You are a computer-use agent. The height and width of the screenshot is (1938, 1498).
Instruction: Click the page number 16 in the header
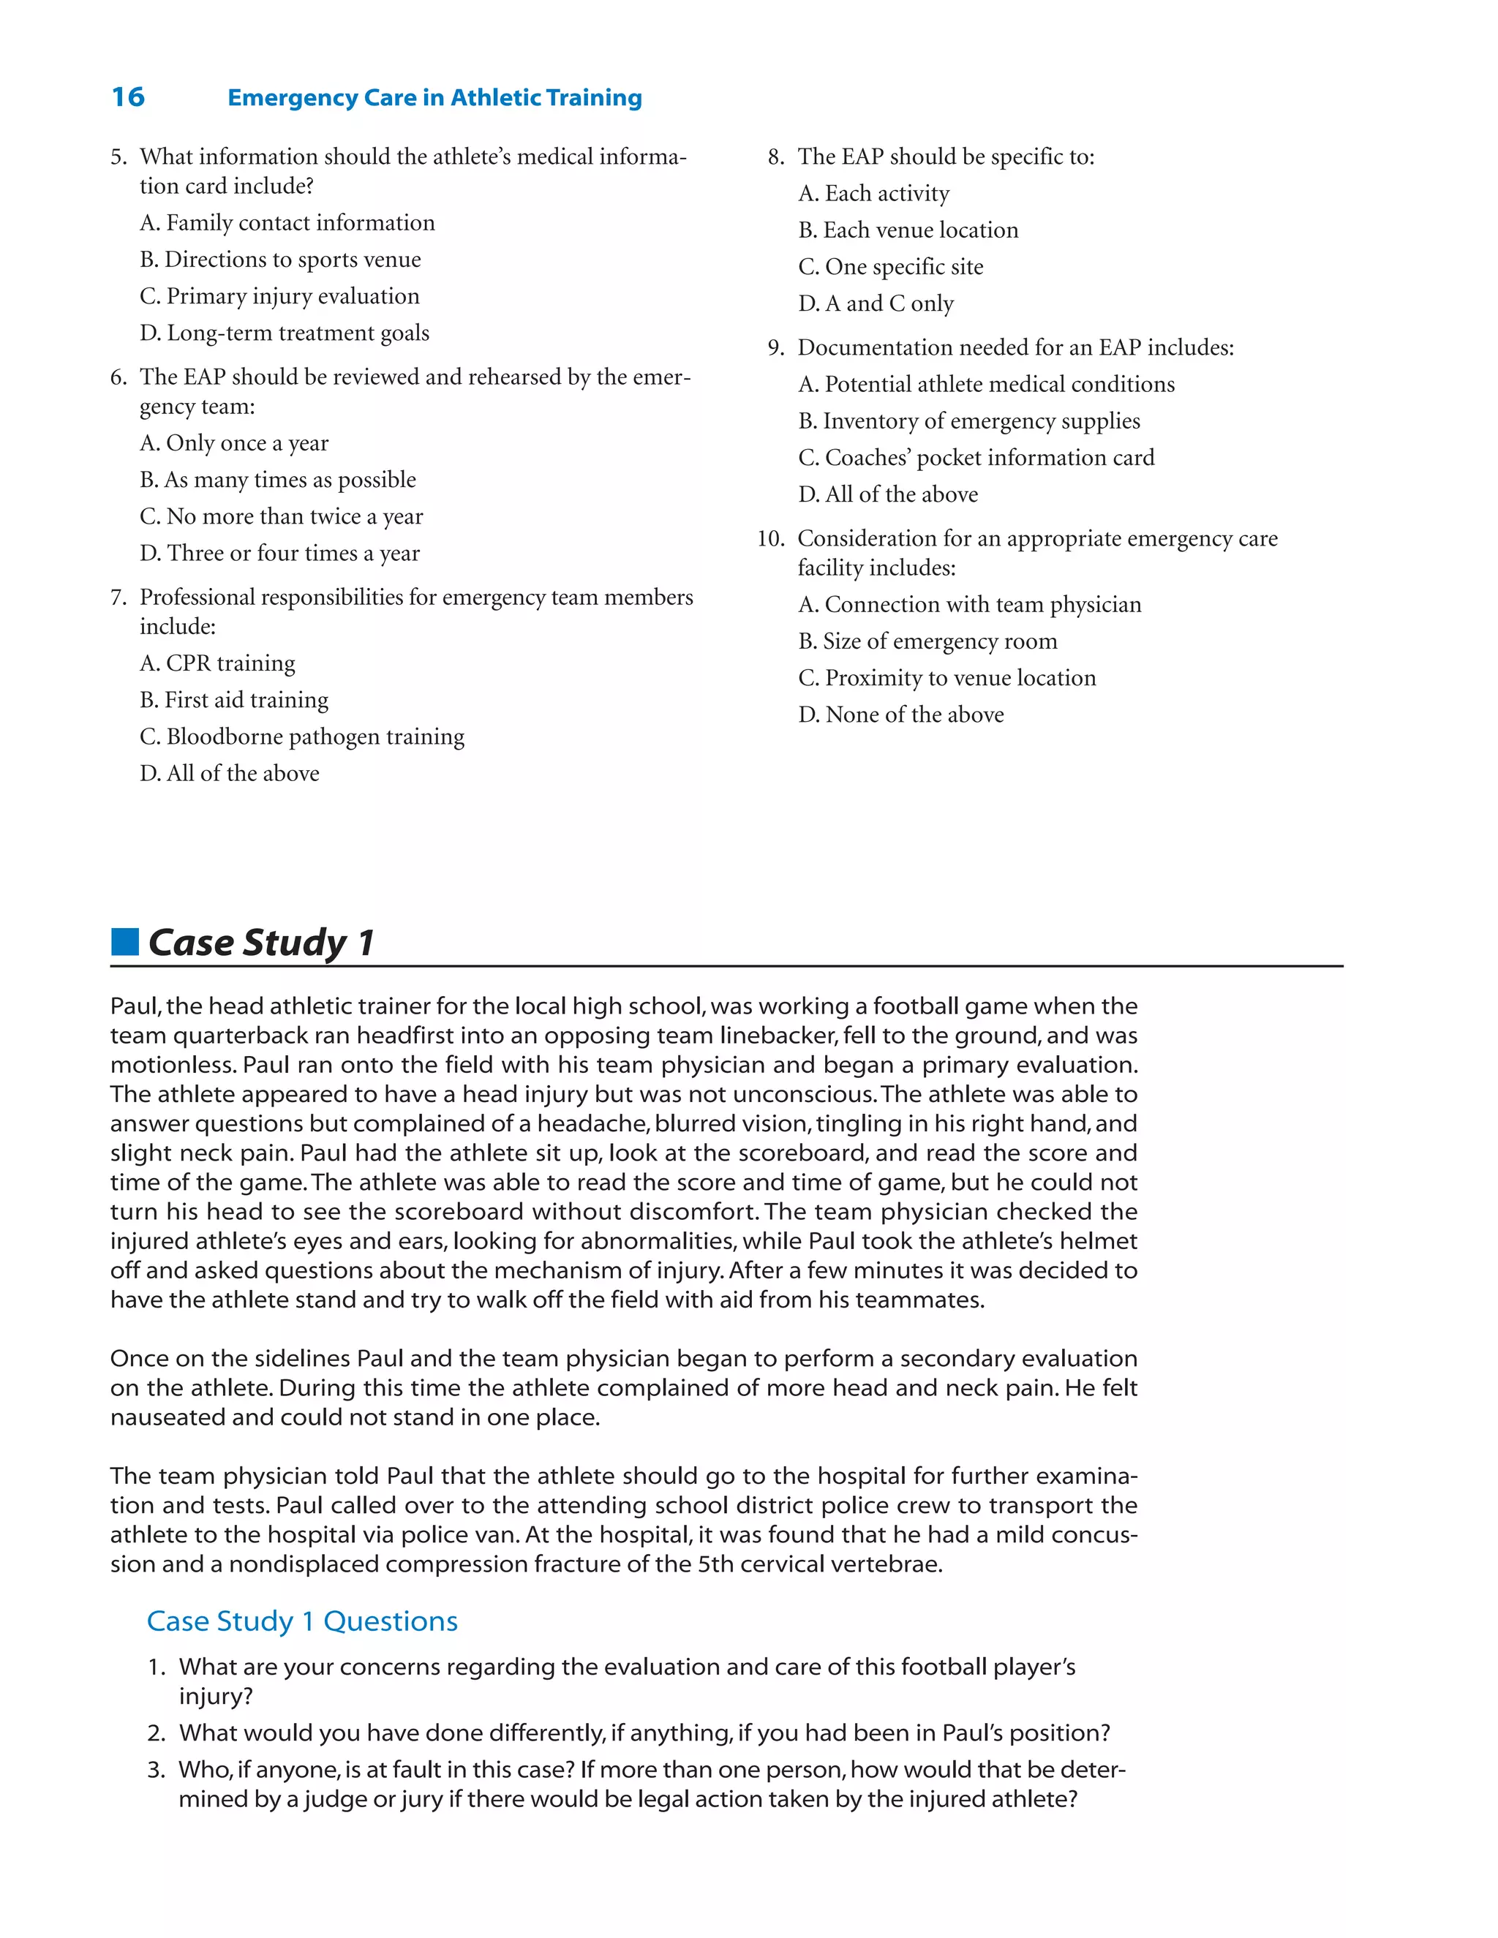tap(128, 97)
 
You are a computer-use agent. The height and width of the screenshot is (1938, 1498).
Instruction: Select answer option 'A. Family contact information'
tap(287, 223)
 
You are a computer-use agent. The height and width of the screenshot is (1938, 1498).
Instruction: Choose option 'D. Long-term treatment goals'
tap(284, 333)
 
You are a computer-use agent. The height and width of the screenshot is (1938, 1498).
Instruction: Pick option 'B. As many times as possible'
tap(277, 480)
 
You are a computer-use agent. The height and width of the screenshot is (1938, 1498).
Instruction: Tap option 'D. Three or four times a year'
tap(279, 554)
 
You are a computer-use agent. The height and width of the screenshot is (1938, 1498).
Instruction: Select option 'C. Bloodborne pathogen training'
tap(302, 737)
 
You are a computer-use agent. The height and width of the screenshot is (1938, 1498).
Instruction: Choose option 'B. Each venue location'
tap(908, 230)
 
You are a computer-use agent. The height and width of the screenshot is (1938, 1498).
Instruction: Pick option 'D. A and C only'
tap(876, 304)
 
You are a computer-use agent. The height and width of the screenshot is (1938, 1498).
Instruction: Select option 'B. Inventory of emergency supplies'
tap(969, 421)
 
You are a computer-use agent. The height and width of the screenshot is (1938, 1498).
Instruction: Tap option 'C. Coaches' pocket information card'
tap(976, 458)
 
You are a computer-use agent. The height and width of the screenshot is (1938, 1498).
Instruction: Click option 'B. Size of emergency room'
tap(927, 641)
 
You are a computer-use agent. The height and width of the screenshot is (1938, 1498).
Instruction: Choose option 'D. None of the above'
tap(900, 715)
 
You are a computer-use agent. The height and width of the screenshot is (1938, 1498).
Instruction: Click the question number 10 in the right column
tap(770, 539)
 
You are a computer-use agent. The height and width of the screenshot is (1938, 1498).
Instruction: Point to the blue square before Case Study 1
tap(125, 941)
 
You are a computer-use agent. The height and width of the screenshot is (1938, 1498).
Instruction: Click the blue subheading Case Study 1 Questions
tap(302, 1621)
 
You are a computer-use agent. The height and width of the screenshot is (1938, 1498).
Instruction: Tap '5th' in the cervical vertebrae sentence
tap(716, 1564)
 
